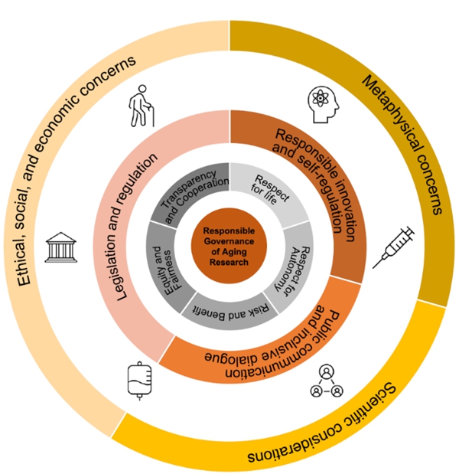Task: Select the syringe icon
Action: pyautogui.click(x=393, y=247)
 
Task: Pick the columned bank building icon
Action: pyautogui.click(x=59, y=247)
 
